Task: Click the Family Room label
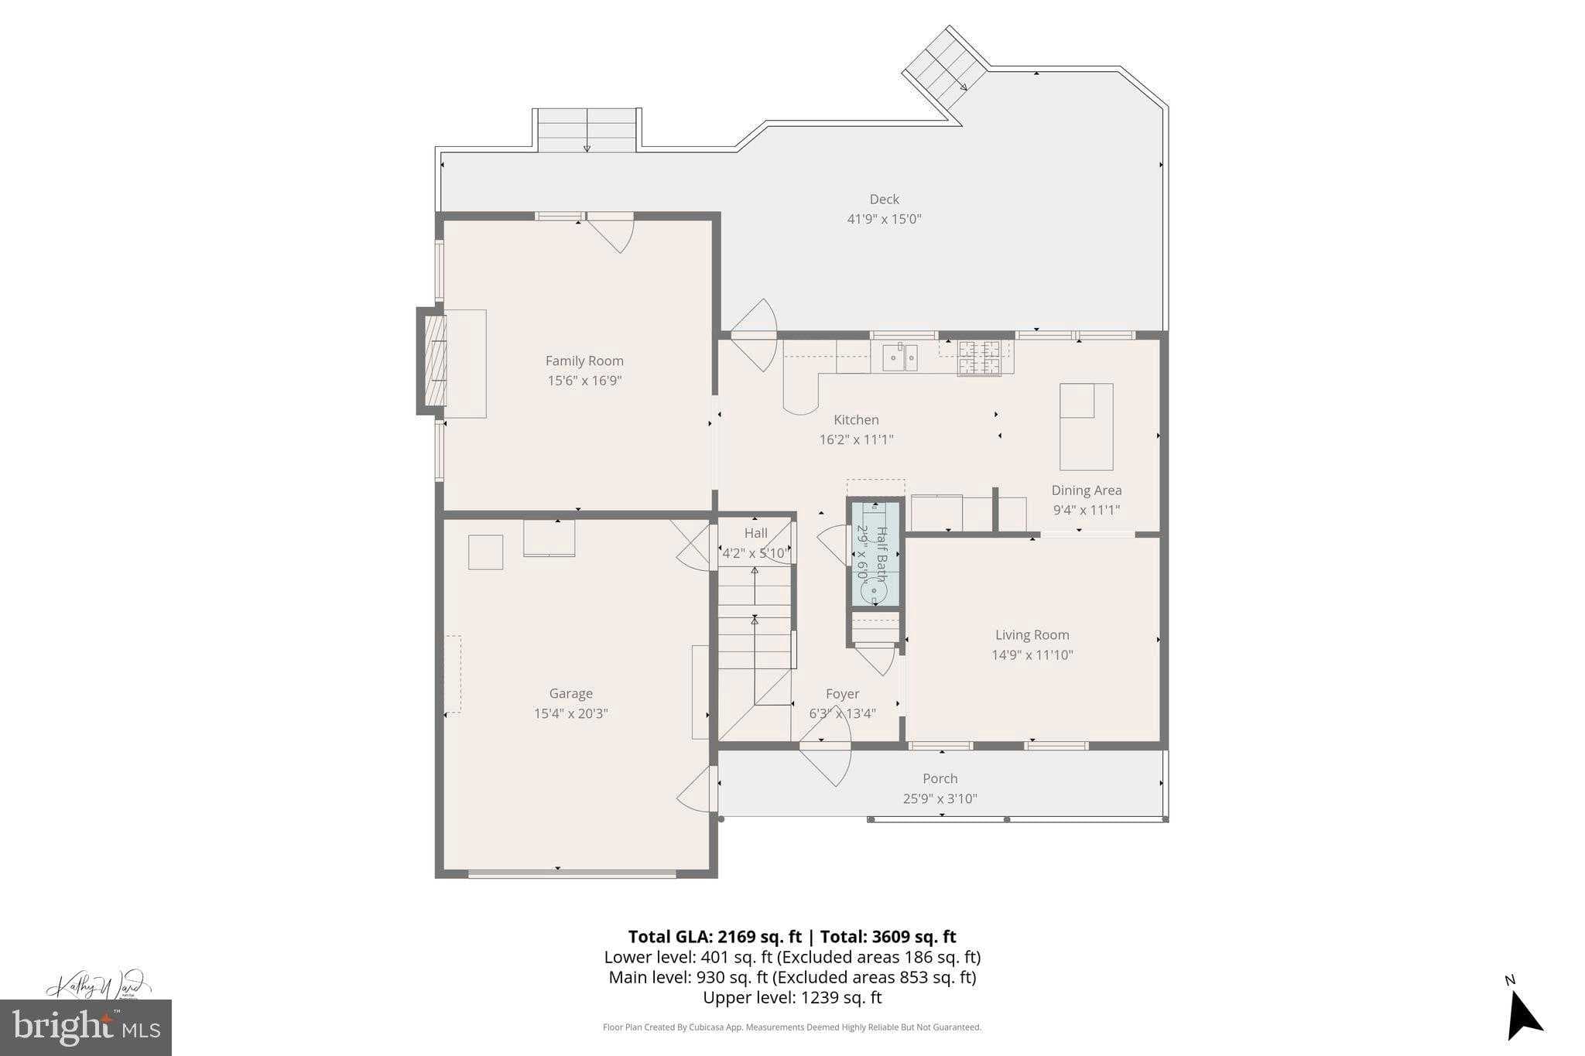coord(584,361)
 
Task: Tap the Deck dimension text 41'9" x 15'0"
coord(884,219)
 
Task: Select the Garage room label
coord(570,694)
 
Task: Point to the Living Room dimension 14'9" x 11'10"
coord(1032,654)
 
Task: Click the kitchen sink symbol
coord(899,357)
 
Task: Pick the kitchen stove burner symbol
coord(979,358)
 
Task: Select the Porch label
coord(940,779)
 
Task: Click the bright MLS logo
coord(86,1027)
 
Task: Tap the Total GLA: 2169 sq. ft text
coord(714,937)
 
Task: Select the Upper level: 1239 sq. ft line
coord(792,997)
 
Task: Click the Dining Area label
coord(1086,490)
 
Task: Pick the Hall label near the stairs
coord(755,533)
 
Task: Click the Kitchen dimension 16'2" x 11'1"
coord(856,439)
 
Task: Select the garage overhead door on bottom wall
coord(572,874)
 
